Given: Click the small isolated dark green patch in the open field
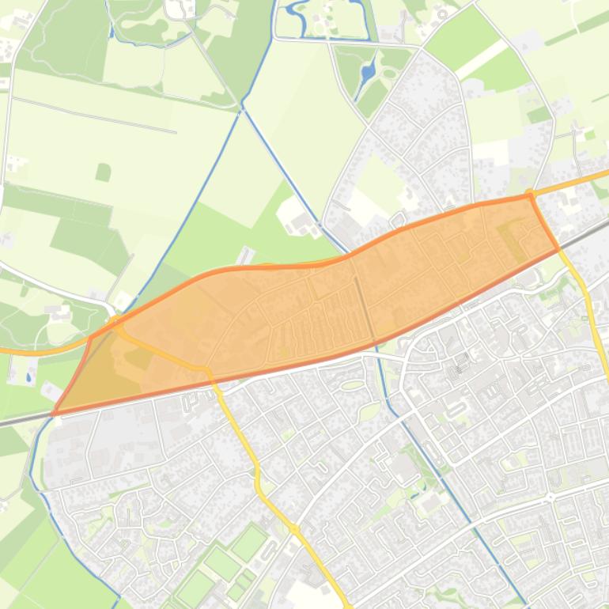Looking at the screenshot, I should pyautogui.click(x=103, y=172).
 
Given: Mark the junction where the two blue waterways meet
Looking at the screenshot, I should pyautogui.click(x=242, y=104).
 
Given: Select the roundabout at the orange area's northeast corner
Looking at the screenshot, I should pyautogui.click(x=531, y=193).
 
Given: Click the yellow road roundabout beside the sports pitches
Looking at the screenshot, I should pyautogui.click(x=293, y=528).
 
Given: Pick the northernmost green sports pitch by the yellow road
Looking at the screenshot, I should pyautogui.click(x=249, y=543).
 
